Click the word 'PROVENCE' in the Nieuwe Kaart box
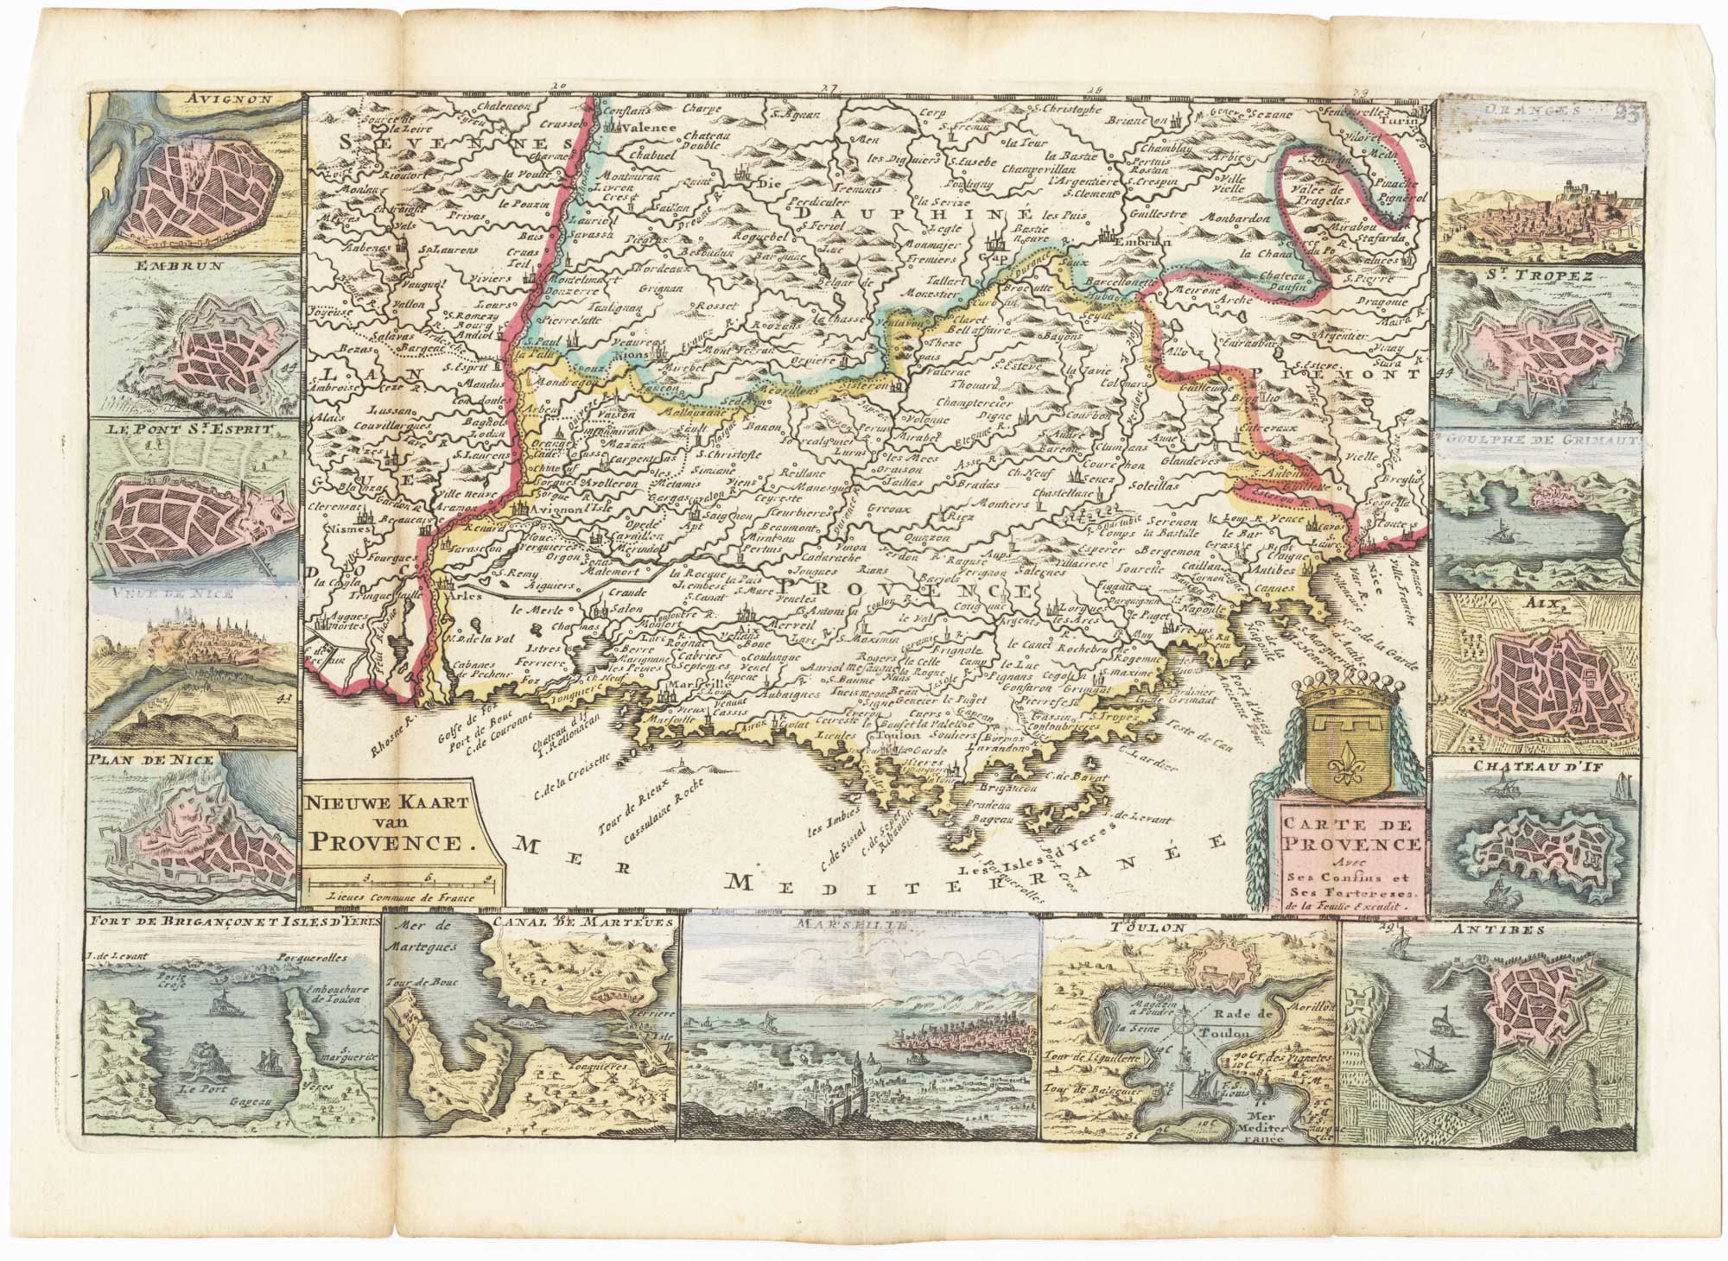[x=391, y=842]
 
